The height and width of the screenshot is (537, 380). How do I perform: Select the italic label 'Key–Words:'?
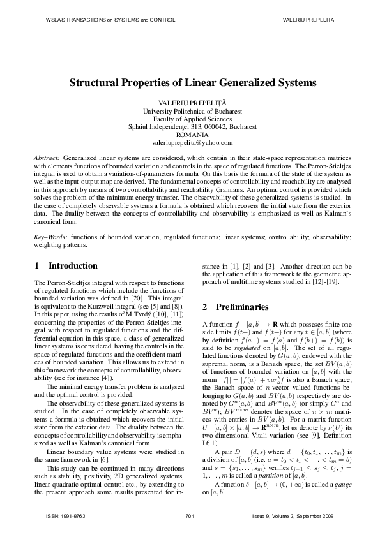pyautogui.click(x=49, y=237)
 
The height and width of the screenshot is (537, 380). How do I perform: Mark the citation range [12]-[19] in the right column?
pyautogui.click(x=324, y=282)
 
